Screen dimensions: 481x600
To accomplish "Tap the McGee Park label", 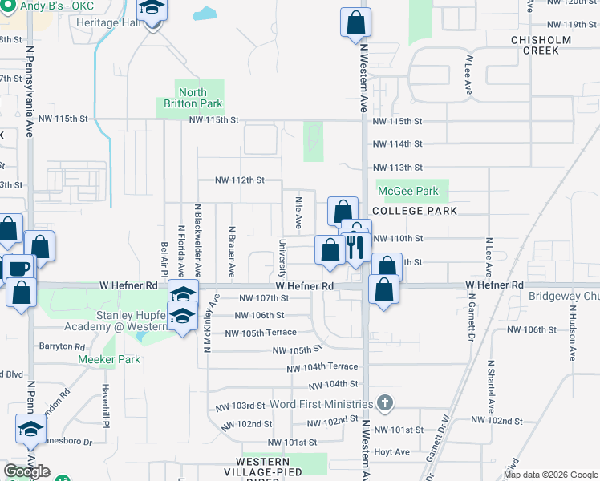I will point(408,191).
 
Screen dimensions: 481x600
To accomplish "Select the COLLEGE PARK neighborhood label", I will point(414,211).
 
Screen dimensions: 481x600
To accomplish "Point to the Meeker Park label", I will point(109,359).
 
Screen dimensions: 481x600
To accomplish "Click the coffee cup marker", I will point(17,268).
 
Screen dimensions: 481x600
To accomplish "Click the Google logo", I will point(26,471).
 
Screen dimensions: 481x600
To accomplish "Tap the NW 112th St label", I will point(239,180).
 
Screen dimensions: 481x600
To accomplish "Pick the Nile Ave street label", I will point(298,212).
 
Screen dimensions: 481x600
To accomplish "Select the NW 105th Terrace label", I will point(261,333).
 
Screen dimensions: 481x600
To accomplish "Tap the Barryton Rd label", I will point(62,346).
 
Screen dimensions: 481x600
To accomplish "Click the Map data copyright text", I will point(550,475).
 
